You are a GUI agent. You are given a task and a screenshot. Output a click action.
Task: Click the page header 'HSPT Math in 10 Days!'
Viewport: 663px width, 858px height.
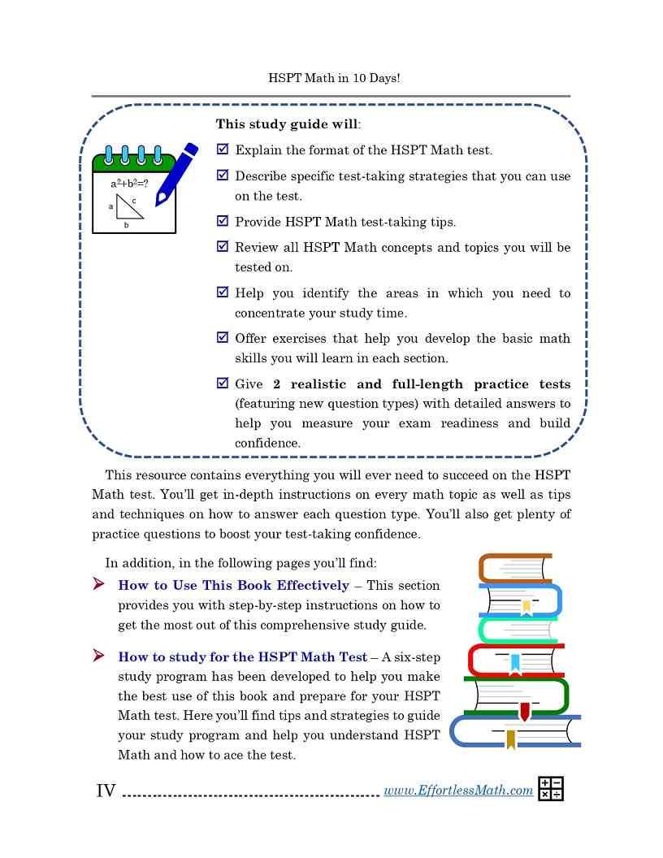(334, 78)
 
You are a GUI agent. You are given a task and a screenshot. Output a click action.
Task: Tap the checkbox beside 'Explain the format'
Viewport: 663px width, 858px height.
(223, 149)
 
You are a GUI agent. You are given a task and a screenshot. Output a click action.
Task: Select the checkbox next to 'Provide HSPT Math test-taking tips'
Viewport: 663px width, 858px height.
(223, 221)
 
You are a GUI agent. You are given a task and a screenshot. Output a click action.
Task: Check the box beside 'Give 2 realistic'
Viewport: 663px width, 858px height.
(223, 383)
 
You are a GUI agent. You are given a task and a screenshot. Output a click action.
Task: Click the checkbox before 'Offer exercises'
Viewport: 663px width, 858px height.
(223, 338)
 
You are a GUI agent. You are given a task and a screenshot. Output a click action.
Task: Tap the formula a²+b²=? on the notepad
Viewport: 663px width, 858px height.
(129, 184)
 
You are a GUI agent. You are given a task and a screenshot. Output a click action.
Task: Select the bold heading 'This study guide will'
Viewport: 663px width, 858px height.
(287, 125)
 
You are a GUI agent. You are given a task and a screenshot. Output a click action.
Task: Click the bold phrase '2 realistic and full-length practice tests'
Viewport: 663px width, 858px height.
(422, 383)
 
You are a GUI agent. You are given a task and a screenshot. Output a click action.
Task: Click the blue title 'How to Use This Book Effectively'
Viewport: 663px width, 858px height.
(234, 585)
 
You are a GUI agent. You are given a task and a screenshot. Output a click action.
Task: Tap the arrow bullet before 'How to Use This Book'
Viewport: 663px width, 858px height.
(99, 584)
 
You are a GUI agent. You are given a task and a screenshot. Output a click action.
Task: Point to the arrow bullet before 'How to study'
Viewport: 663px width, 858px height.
(99, 656)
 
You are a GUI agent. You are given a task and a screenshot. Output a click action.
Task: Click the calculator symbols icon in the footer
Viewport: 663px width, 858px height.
(550, 789)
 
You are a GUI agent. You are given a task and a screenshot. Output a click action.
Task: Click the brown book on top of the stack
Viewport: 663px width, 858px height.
(514, 567)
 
